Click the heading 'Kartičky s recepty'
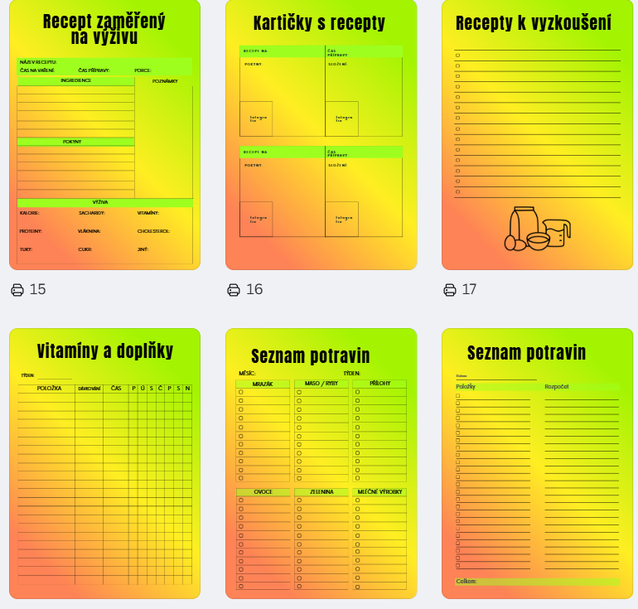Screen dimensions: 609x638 pyautogui.click(x=319, y=22)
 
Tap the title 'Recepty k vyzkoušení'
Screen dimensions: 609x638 pyautogui.click(x=534, y=23)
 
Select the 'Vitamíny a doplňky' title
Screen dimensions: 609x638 pyautogui.click(x=105, y=350)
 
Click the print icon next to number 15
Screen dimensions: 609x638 pyautogui.click(x=17, y=289)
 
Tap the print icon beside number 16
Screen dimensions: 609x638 pyautogui.click(x=234, y=289)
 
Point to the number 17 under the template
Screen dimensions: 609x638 pyautogui.click(x=469, y=289)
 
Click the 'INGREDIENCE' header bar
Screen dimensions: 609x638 pyautogui.click(x=75, y=80)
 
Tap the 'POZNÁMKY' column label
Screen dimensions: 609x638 pyautogui.click(x=165, y=81)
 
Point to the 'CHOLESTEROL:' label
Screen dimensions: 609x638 pyautogui.click(x=153, y=231)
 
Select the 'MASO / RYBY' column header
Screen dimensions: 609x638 pyautogui.click(x=321, y=384)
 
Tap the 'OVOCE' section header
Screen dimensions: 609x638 pyautogui.click(x=263, y=491)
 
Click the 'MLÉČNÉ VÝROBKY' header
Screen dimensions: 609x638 pyautogui.click(x=379, y=491)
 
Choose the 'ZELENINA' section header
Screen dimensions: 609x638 pyautogui.click(x=321, y=491)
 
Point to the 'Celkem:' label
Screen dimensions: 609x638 pyautogui.click(x=466, y=581)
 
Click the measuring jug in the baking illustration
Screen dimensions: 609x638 pyautogui.click(x=558, y=231)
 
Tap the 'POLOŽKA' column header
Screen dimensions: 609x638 pyautogui.click(x=50, y=388)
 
